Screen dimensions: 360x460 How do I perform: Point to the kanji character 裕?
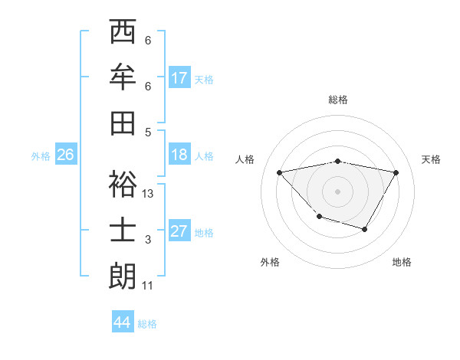(x=123, y=185)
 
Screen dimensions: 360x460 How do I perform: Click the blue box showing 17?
(x=179, y=78)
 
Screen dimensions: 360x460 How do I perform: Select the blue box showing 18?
(x=179, y=155)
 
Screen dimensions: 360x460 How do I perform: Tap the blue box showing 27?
(x=179, y=231)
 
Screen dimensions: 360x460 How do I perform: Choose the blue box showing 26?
(x=65, y=155)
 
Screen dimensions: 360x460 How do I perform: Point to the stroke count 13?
(x=148, y=195)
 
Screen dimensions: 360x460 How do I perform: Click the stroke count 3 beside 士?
(x=148, y=241)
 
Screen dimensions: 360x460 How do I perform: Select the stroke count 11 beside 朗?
(x=148, y=286)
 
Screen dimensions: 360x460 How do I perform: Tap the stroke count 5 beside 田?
(x=148, y=131)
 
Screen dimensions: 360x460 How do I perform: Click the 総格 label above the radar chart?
(x=337, y=100)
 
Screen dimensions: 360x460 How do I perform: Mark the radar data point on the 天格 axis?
(x=396, y=173)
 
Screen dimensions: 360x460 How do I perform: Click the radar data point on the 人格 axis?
(x=279, y=172)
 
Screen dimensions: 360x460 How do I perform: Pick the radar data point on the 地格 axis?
(x=365, y=229)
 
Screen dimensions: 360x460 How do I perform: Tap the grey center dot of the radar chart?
(x=337, y=191)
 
